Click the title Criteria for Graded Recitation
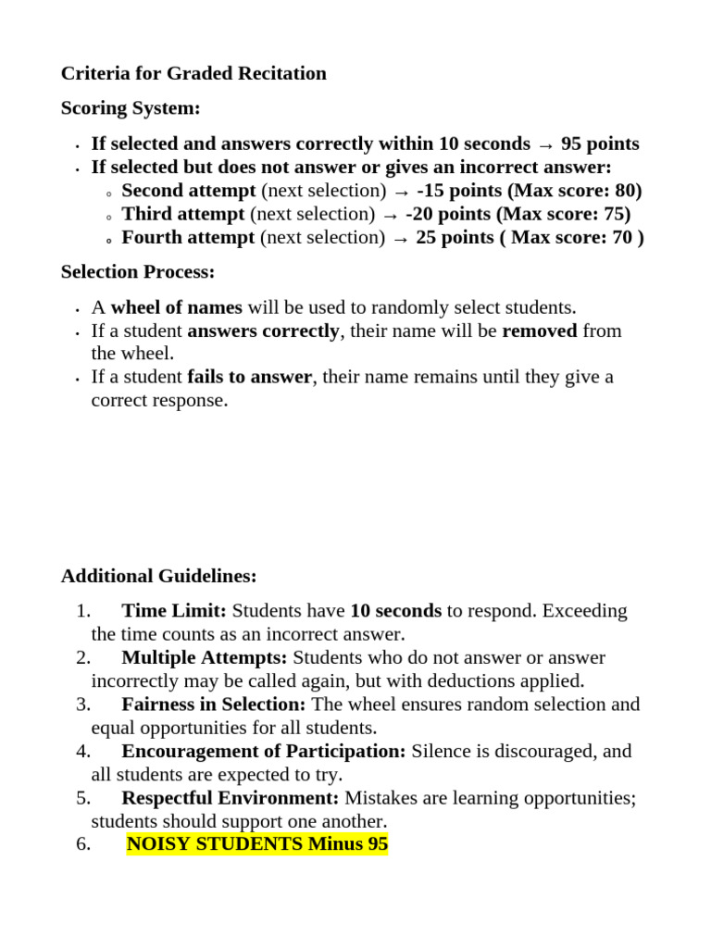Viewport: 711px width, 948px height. [193, 73]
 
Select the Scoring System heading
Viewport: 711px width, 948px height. [131, 108]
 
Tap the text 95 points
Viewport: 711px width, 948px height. [600, 144]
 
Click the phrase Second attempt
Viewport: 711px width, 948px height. [189, 191]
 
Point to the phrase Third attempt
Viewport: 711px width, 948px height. [183, 214]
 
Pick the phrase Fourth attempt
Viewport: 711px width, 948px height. [188, 237]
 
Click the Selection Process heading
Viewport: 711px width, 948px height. [138, 272]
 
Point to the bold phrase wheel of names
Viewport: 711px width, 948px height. [176, 307]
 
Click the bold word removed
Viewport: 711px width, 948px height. [539, 331]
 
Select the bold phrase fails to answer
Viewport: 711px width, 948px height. [249, 377]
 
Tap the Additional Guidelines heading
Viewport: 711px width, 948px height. [159, 576]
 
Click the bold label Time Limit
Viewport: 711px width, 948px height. [174, 611]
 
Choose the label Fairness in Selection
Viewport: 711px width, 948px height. [213, 705]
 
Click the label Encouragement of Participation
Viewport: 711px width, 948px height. [263, 751]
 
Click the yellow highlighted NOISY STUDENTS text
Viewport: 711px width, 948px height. [256, 843]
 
